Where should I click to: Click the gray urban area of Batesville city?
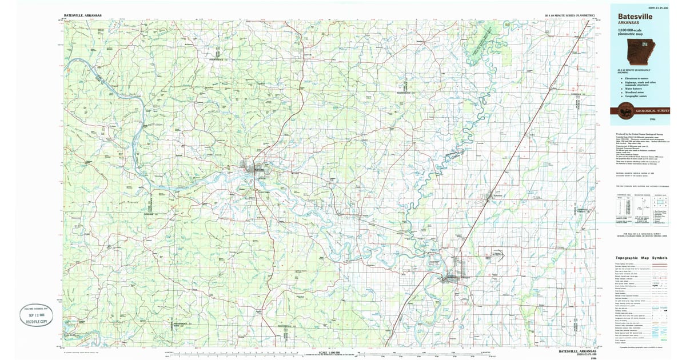pyautogui.click(x=253, y=169)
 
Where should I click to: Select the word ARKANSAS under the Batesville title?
pyautogui.click(x=628, y=23)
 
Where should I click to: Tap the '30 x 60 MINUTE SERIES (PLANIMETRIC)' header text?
pyautogui.click(x=570, y=14)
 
